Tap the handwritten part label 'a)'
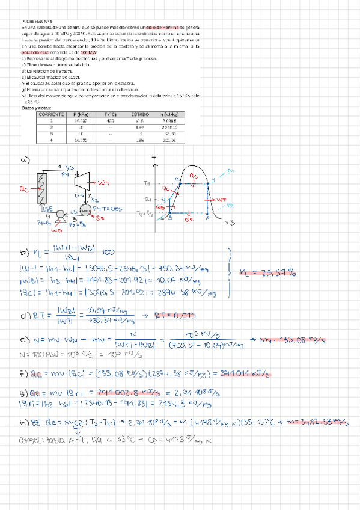(25, 160)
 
